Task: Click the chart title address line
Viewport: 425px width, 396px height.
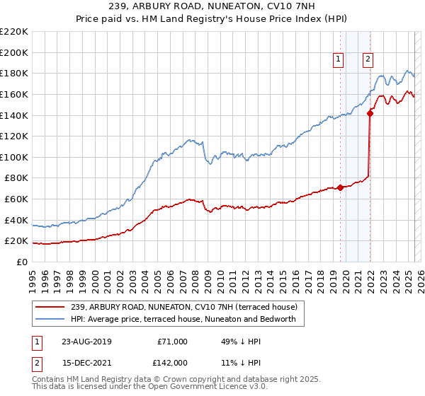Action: (213, 6)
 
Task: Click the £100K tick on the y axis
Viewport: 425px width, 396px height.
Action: (14, 157)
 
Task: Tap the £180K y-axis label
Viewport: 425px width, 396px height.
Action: (14, 73)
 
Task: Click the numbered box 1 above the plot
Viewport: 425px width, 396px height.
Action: (339, 60)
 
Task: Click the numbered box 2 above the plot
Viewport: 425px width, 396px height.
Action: (368, 60)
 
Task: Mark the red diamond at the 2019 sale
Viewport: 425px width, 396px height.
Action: (340, 187)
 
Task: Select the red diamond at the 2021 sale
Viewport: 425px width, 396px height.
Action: (370, 112)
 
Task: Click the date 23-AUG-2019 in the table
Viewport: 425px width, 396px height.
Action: (81, 342)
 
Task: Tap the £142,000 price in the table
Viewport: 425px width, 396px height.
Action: (172, 362)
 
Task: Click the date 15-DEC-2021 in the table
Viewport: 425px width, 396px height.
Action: (81, 362)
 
